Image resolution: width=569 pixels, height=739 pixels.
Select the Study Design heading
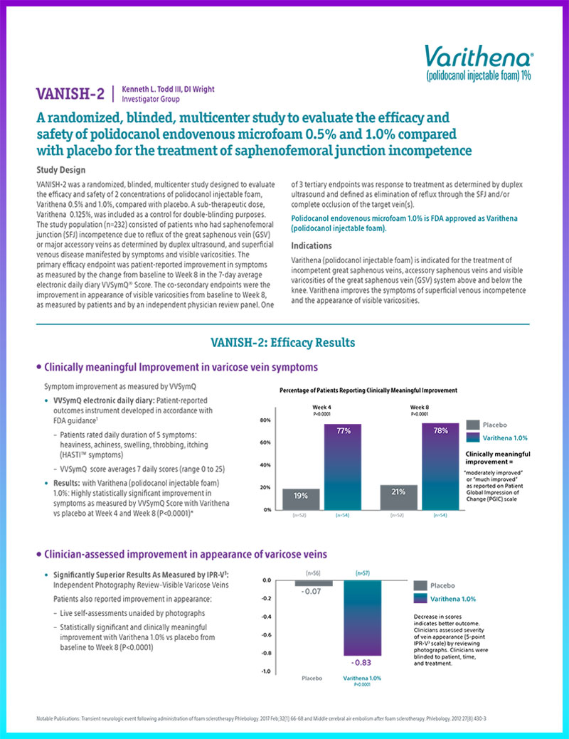(62, 170)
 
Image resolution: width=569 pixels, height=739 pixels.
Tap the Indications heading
(311, 245)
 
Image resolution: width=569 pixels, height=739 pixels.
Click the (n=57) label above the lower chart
(363, 572)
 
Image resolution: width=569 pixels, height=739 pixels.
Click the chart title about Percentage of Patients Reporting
(368, 390)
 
